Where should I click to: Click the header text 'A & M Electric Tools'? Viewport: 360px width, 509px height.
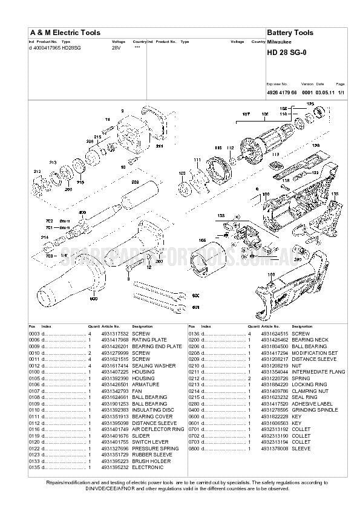pyautogui.click(x=65, y=33)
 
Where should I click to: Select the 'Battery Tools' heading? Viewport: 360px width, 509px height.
pyautogui.click(x=290, y=33)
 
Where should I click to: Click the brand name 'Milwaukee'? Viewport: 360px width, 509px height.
pyautogui.click(x=279, y=42)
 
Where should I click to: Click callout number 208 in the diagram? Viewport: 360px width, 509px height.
pyautogui.click(x=135, y=181)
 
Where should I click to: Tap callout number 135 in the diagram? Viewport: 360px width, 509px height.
pyautogui.click(x=334, y=194)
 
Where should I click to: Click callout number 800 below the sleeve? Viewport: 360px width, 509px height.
pyautogui.click(x=94, y=299)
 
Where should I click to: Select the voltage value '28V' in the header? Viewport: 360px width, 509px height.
pyautogui.click(x=116, y=47)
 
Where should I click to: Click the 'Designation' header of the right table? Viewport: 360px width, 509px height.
pyautogui.click(x=302, y=326)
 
